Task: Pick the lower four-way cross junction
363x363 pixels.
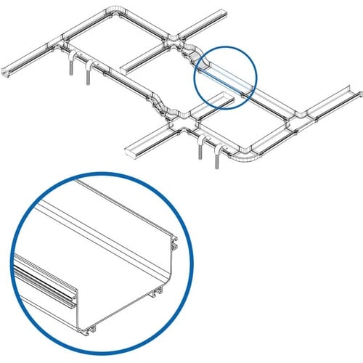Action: (x=178, y=124)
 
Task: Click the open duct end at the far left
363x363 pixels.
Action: (x=9, y=73)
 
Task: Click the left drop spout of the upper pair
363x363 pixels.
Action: (x=71, y=69)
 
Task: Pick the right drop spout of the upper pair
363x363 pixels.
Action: (x=89, y=72)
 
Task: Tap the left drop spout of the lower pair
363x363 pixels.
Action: (x=199, y=153)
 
